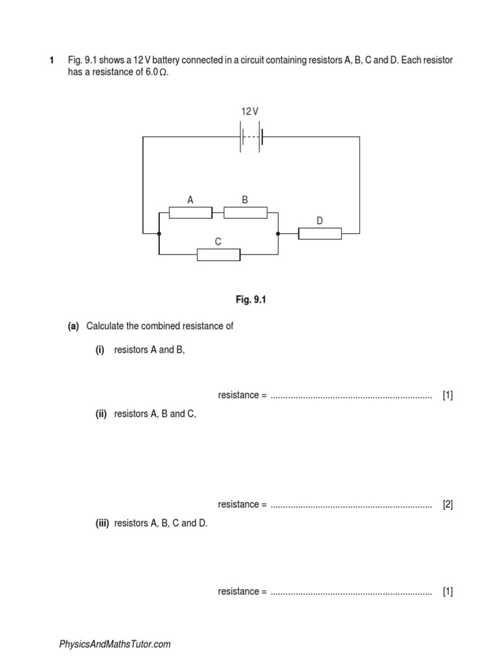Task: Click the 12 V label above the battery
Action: tap(250, 112)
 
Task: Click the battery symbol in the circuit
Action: tap(251, 137)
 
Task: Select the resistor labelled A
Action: tap(190, 212)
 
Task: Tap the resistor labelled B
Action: tap(245, 212)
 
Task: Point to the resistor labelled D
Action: tap(320, 232)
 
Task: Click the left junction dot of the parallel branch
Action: tap(159, 232)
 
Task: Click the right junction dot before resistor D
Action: tap(278, 232)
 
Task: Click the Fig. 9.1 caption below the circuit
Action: tap(251, 300)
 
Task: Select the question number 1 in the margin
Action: tap(52, 60)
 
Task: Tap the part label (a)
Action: tap(73, 326)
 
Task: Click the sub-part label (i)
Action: tap(100, 349)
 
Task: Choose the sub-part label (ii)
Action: tap(101, 414)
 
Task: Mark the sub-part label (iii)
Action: tap(102, 523)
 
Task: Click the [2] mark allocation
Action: tap(448, 505)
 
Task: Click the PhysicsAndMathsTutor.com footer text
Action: tap(115, 644)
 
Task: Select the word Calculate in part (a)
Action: tap(105, 326)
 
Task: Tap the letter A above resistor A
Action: tap(190, 200)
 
